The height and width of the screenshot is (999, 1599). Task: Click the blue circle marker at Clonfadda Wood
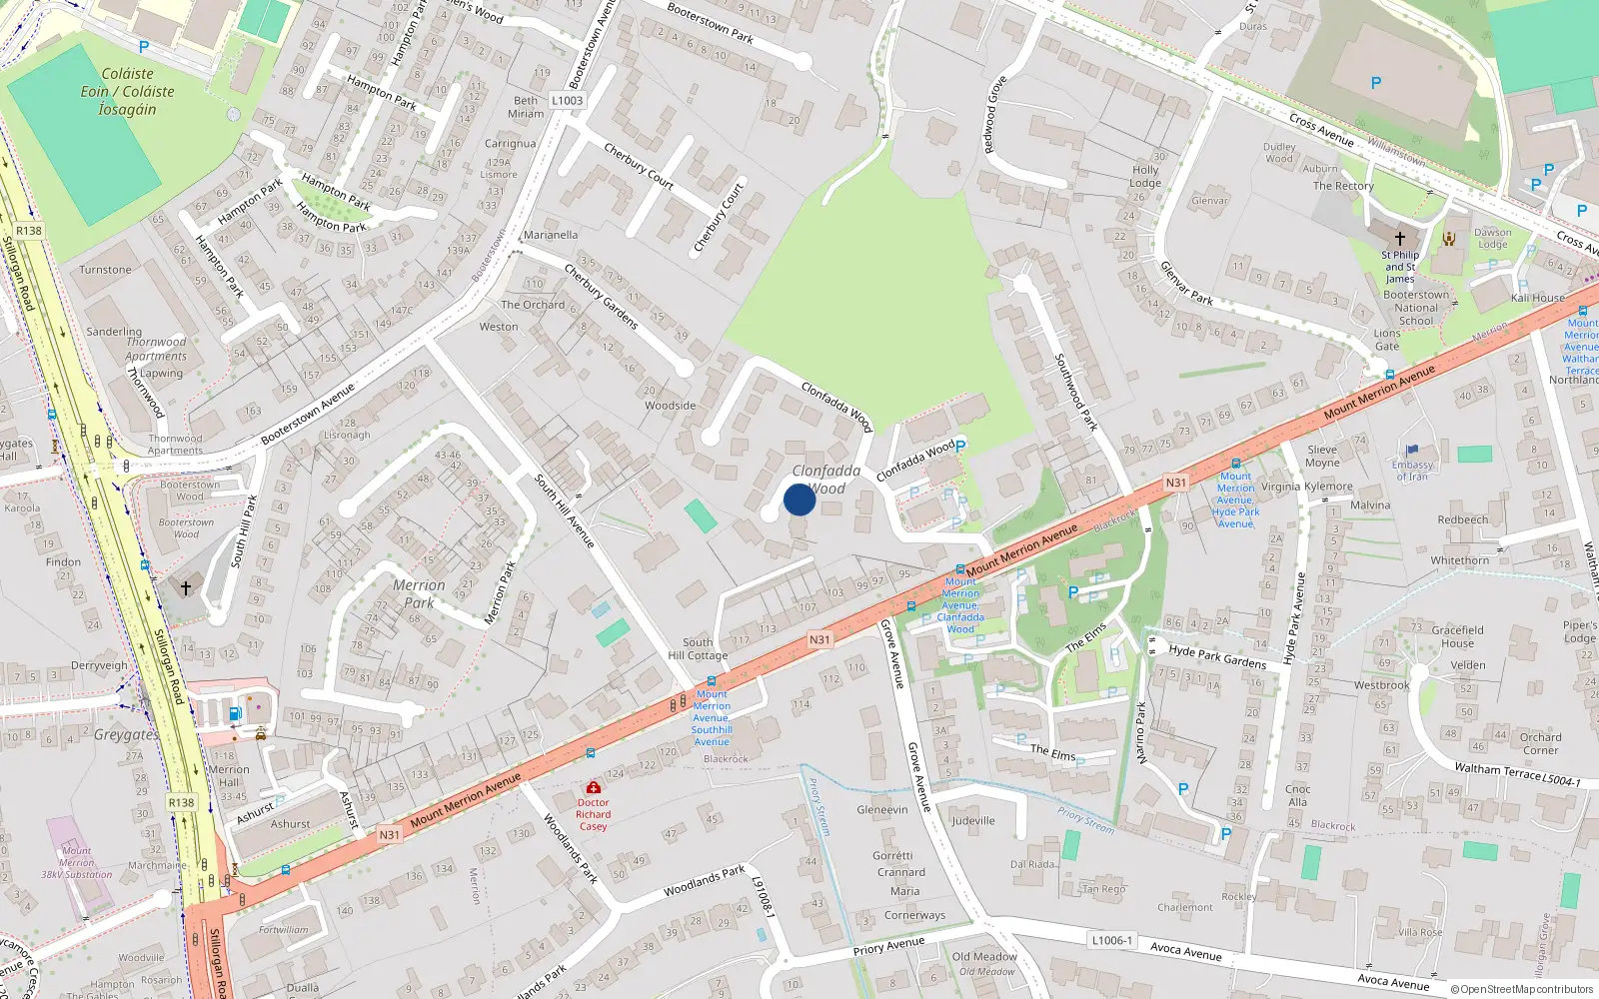[799, 499]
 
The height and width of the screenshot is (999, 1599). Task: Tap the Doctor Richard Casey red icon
[594, 788]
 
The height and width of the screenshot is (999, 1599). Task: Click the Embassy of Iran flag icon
[1412, 452]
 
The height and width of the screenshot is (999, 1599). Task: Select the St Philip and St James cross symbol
[1400, 239]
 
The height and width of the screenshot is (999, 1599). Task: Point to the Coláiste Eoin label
[127, 91]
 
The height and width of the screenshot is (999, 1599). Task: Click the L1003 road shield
[567, 100]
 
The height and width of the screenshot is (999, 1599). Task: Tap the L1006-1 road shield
[1111, 940]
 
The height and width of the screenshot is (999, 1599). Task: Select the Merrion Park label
[419, 593]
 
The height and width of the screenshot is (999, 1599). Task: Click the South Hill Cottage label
[698, 648]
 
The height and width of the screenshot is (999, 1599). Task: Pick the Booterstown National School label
[1416, 308]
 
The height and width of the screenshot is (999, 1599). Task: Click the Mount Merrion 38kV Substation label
[76, 863]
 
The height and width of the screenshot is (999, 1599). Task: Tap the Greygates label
[126, 734]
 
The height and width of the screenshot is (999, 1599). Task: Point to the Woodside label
[670, 406]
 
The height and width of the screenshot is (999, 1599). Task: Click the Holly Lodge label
[1145, 176]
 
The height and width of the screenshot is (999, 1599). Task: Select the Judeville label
[972, 820]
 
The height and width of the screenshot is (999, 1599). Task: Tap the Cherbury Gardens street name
[601, 297]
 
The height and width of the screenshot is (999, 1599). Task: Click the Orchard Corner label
[1540, 743]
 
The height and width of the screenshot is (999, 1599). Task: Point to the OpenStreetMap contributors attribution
[1521, 989]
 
